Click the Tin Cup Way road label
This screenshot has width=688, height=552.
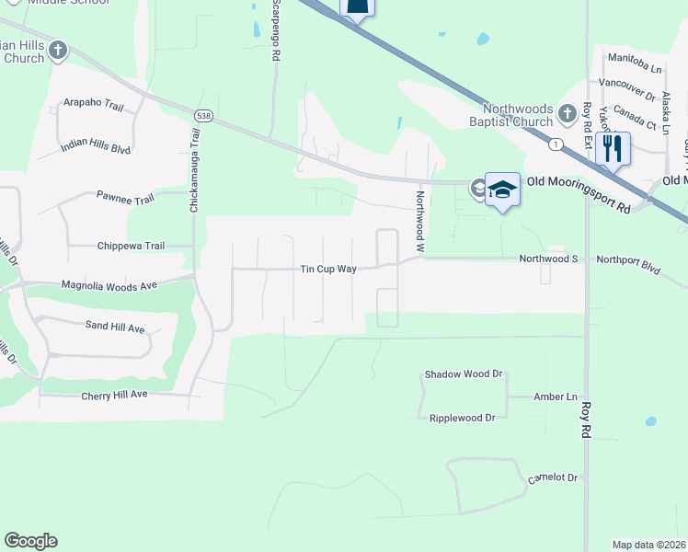click(x=328, y=269)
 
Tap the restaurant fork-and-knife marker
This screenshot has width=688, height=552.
click(x=613, y=147)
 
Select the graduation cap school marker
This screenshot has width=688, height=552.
click(x=503, y=190)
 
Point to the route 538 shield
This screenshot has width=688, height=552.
click(x=203, y=115)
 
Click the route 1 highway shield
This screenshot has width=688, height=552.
click(x=555, y=144)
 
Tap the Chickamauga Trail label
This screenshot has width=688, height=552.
click(x=194, y=171)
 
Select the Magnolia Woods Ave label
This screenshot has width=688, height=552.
click(x=108, y=286)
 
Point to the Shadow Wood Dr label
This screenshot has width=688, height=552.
click(x=464, y=374)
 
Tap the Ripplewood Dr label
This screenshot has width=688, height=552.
click(x=463, y=418)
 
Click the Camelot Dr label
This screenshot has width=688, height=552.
click(x=552, y=478)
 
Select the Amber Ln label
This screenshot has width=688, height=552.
click(x=555, y=397)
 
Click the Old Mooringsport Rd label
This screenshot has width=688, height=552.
click(x=578, y=196)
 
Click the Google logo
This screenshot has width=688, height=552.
click(x=30, y=541)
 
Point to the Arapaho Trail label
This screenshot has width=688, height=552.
click(x=92, y=107)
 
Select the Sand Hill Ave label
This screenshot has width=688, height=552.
click(x=115, y=328)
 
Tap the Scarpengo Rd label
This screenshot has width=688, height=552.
click(x=274, y=29)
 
